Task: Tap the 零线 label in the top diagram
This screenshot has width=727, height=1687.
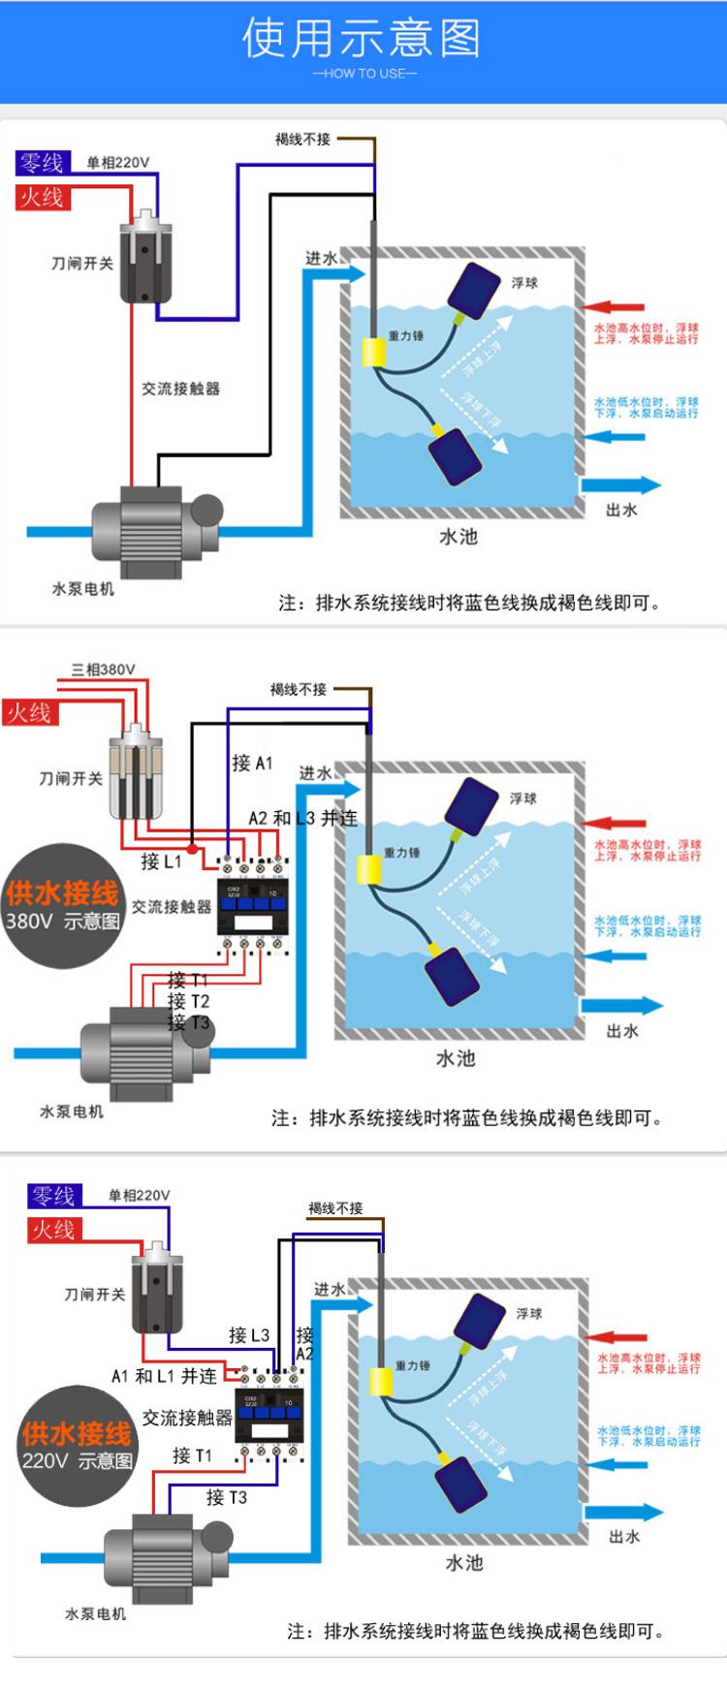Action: point(41,163)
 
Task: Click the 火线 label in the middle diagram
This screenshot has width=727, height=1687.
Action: point(29,713)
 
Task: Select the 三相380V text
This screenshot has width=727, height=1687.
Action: point(104,670)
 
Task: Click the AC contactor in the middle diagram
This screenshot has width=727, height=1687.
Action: point(251,902)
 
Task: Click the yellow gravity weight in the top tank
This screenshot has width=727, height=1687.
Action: point(374,352)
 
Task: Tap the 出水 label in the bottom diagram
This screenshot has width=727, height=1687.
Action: point(624,1536)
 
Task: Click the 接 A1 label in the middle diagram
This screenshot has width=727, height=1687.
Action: point(252,763)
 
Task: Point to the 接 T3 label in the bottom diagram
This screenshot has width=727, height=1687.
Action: point(227,1497)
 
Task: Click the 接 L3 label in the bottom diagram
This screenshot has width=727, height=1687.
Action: point(249,1334)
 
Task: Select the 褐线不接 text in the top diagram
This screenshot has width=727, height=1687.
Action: point(302,140)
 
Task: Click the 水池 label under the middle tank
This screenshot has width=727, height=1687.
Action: point(455,1057)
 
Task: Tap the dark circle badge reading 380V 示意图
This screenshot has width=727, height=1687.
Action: point(63,905)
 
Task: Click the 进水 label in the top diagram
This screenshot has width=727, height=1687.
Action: point(321,258)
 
